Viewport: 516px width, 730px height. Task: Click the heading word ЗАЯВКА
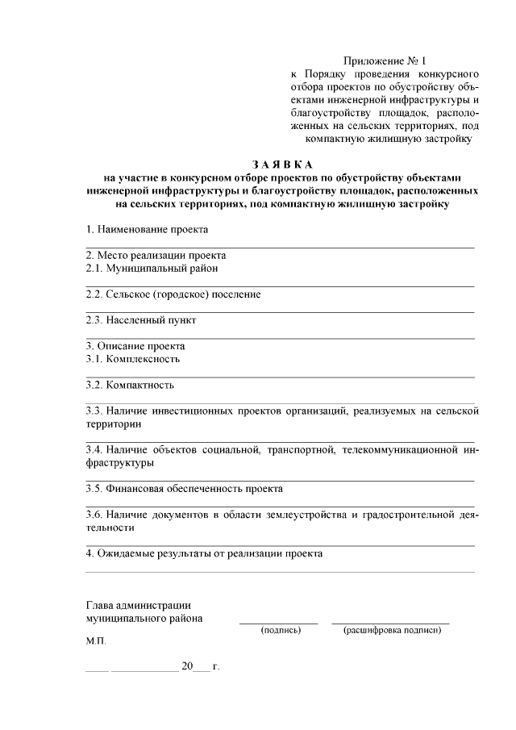281,165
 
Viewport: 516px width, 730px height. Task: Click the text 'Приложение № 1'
384,60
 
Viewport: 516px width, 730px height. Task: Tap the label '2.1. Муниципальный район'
152,268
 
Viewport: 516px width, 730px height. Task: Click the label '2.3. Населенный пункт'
140,320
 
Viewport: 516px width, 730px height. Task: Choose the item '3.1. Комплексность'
132,359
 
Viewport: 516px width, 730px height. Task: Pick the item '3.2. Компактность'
129,385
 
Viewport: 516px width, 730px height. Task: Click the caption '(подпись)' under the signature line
281,630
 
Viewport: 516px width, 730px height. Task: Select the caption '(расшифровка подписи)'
392,630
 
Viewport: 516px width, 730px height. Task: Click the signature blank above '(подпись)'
279,622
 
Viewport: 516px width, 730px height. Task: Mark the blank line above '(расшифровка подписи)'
390,622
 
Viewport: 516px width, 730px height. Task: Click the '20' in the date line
188,667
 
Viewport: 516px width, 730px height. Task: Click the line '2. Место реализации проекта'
156,255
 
